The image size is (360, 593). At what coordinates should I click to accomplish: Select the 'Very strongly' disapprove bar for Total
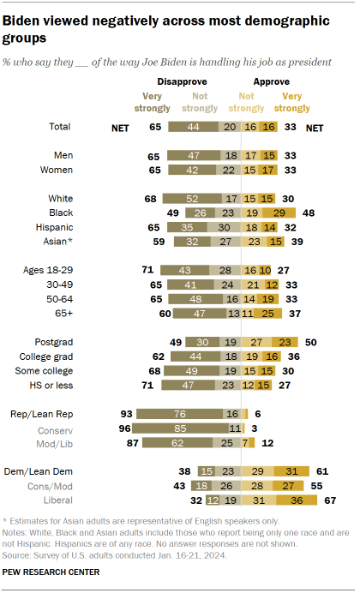pos(195,127)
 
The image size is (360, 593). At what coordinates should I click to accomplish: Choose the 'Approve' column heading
pos(263,83)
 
